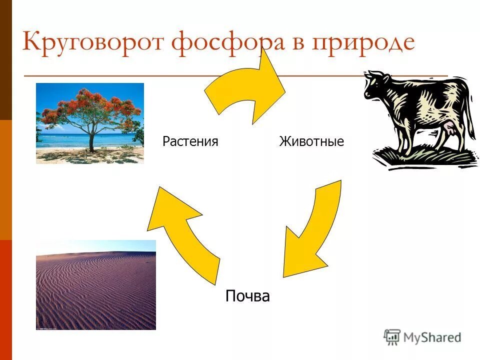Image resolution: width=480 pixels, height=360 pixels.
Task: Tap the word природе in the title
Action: point(363,43)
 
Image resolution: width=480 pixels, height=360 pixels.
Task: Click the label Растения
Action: point(190,141)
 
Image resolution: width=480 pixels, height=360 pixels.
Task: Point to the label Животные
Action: point(311,141)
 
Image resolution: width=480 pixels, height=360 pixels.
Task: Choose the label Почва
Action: point(247,296)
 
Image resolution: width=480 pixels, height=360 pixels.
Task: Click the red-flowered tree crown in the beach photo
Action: point(90,107)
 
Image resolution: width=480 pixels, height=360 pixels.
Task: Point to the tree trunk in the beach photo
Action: point(91,140)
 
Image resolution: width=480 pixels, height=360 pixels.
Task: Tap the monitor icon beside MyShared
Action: point(392,337)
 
